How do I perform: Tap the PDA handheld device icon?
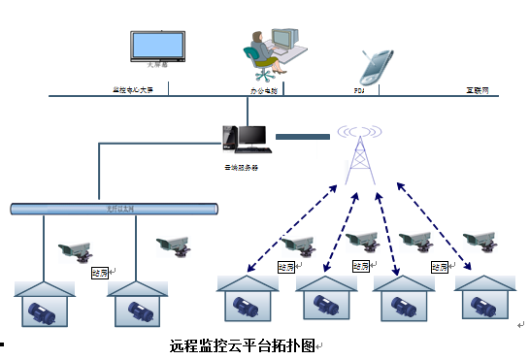(376, 65)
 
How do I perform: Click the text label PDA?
(358, 90)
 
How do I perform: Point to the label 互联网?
(477, 90)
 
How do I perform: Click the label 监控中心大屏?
(133, 90)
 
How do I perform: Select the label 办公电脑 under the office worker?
(264, 90)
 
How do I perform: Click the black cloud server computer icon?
(244, 139)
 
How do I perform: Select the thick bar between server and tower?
(302, 137)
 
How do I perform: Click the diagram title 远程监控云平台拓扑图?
(242, 345)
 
